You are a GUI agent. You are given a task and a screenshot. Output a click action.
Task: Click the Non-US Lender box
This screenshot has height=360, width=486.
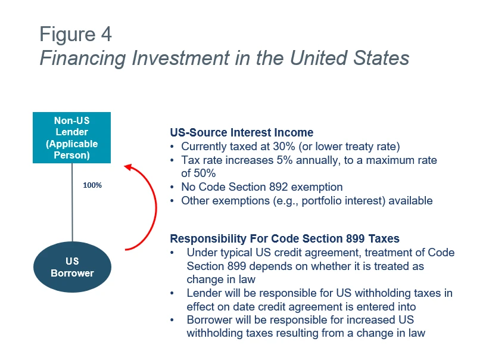(x=71, y=138)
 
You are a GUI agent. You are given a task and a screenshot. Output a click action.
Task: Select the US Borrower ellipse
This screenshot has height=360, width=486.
(x=72, y=267)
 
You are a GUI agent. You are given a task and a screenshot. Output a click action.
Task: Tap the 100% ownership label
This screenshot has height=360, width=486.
(x=92, y=185)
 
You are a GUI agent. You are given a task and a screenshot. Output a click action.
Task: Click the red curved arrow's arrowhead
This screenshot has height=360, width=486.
(x=127, y=167)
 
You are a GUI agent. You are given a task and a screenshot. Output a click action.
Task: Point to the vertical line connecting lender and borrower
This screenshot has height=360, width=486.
(x=72, y=203)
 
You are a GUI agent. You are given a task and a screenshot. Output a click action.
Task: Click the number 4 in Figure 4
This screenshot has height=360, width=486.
(x=106, y=34)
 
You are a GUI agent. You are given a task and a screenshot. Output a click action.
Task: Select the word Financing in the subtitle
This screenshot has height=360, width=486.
(x=83, y=58)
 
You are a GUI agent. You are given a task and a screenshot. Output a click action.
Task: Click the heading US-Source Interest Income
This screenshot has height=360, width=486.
(x=242, y=132)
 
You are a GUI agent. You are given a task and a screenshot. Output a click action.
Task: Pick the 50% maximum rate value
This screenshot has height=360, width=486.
(x=204, y=173)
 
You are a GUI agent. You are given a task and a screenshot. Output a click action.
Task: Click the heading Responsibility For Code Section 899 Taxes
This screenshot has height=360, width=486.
(x=285, y=238)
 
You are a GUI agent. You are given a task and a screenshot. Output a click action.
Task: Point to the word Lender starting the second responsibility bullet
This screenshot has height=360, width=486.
(x=204, y=293)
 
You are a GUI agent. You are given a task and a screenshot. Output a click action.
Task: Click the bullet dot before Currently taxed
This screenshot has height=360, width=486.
(x=172, y=147)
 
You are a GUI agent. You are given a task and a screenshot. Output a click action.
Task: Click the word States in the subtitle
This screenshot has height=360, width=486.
(x=381, y=58)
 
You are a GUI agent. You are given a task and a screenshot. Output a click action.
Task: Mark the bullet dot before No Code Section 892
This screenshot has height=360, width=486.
(x=172, y=187)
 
